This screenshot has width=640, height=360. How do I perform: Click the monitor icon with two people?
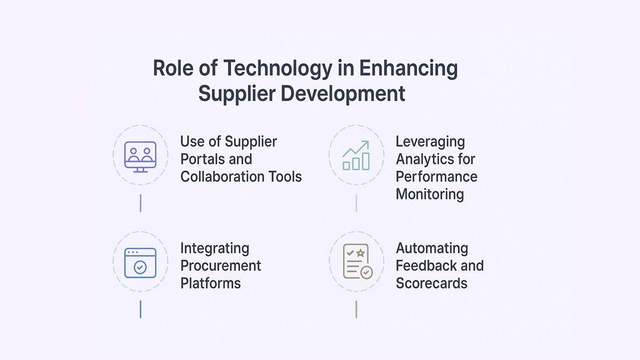[x=140, y=156]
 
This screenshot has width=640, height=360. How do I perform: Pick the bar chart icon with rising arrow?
[x=356, y=156]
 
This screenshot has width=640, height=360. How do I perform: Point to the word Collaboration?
[x=220, y=177]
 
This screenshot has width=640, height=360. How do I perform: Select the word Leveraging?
[x=430, y=141]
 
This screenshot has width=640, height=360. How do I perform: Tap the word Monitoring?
[x=429, y=194]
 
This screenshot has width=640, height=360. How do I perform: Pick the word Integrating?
[x=214, y=248]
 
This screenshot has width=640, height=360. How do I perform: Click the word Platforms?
[x=210, y=283]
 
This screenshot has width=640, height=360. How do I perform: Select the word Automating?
[x=431, y=248]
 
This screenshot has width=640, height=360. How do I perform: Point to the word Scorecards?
[x=431, y=283]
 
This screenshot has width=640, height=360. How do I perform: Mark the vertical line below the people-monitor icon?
[x=140, y=203]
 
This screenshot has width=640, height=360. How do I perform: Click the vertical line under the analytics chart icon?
[x=356, y=203]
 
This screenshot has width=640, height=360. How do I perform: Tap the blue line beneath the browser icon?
[x=140, y=309]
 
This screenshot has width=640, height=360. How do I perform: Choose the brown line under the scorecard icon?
[x=356, y=309]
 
